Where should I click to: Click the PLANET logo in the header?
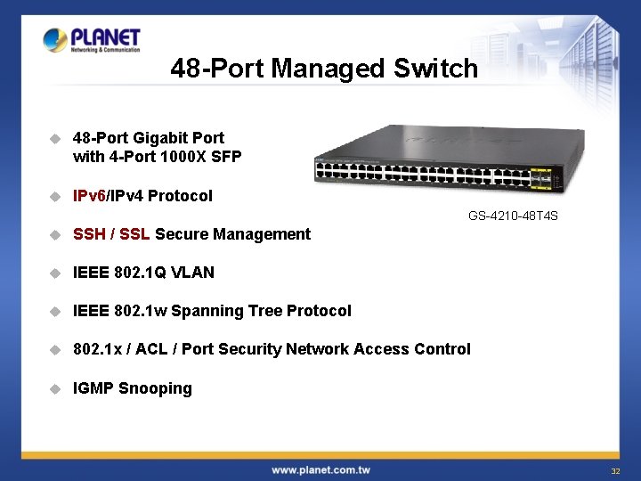(x=92, y=40)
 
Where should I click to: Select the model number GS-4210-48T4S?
(x=513, y=216)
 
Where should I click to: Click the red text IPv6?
(x=89, y=196)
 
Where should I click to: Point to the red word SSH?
(x=89, y=234)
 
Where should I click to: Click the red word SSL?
(x=134, y=234)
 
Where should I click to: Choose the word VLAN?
(x=195, y=273)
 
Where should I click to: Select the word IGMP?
(x=93, y=388)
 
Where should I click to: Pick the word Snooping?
(x=155, y=388)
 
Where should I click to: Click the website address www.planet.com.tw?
(x=320, y=469)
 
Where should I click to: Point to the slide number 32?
(x=614, y=470)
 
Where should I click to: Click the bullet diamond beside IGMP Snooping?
(x=54, y=388)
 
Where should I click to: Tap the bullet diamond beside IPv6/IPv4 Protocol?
(x=54, y=196)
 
